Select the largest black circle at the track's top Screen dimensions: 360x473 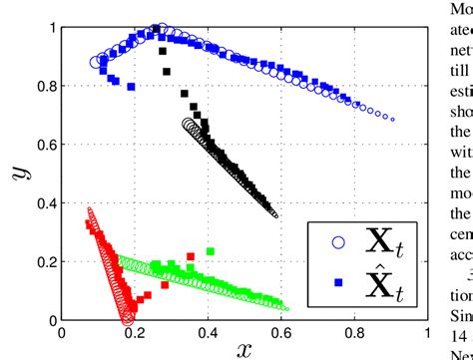(189, 125)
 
